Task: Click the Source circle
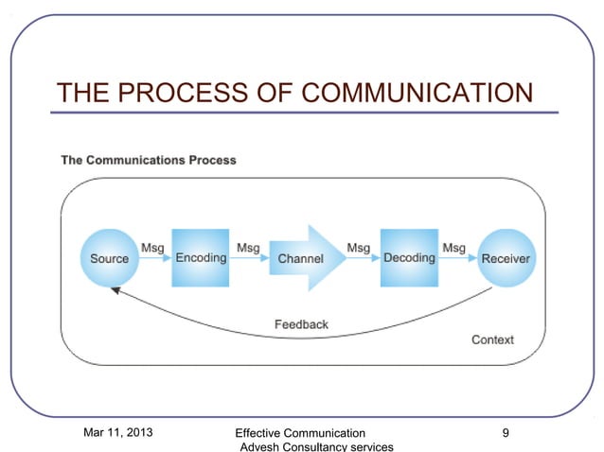[109, 258]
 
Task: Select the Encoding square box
[201, 257]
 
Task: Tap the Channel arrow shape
[301, 258]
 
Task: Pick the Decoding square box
[409, 257]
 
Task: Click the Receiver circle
[506, 258]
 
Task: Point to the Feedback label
[301, 324]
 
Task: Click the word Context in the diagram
[492, 339]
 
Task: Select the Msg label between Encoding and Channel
[248, 248]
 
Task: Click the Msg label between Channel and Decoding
[359, 248]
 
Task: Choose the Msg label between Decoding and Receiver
[454, 248]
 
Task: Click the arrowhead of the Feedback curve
[115, 292]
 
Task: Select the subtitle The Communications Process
[149, 160]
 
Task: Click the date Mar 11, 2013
[120, 433]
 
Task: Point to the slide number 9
[506, 433]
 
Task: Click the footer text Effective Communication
[299, 433]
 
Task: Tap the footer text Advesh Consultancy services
[316, 446]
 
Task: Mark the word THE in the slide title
[82, 93]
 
